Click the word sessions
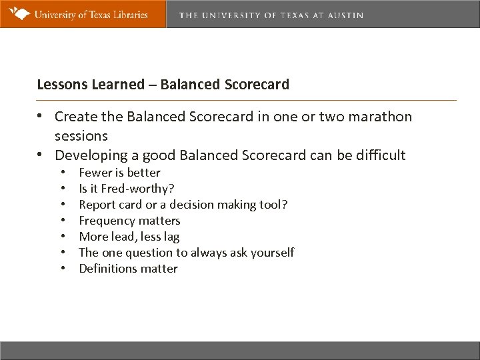tap(81, 135)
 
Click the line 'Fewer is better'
tap(119, 173)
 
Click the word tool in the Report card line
tap(274, 205)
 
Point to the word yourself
tap(272, 253)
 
